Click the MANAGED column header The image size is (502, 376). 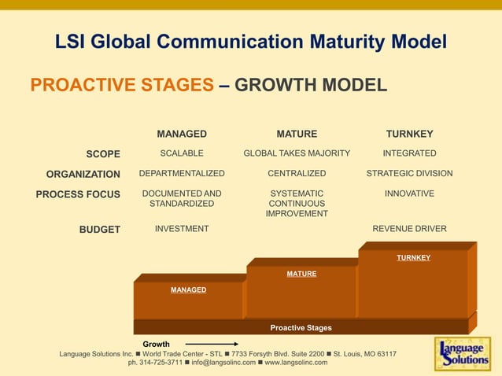tap(182, 134)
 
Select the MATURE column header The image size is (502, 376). tap(297, 134)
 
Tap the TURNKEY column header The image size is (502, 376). tap(409, 134)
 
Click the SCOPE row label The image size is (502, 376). tap(103, 153)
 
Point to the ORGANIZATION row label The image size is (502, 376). tap(83, 174)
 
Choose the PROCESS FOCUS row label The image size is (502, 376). tap(78, 194)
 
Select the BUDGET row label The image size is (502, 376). tap(99, 230)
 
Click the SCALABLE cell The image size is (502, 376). tap(182, 153)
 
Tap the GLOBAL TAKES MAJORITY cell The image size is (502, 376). tap(297, 153)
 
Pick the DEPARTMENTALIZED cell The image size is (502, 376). tap(182, 173)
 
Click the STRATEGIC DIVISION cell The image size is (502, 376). tap(409, 173)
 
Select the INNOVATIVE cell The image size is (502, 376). tap(409, 194)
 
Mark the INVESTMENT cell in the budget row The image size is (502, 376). tap(182, 229)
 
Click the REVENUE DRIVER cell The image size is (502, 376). tap(409, 229)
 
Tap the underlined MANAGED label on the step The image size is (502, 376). tap(189, 290)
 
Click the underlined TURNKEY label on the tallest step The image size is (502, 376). tap(413, 258)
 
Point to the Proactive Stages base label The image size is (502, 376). tap(301, 328)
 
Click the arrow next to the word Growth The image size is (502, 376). tap(212, 344)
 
